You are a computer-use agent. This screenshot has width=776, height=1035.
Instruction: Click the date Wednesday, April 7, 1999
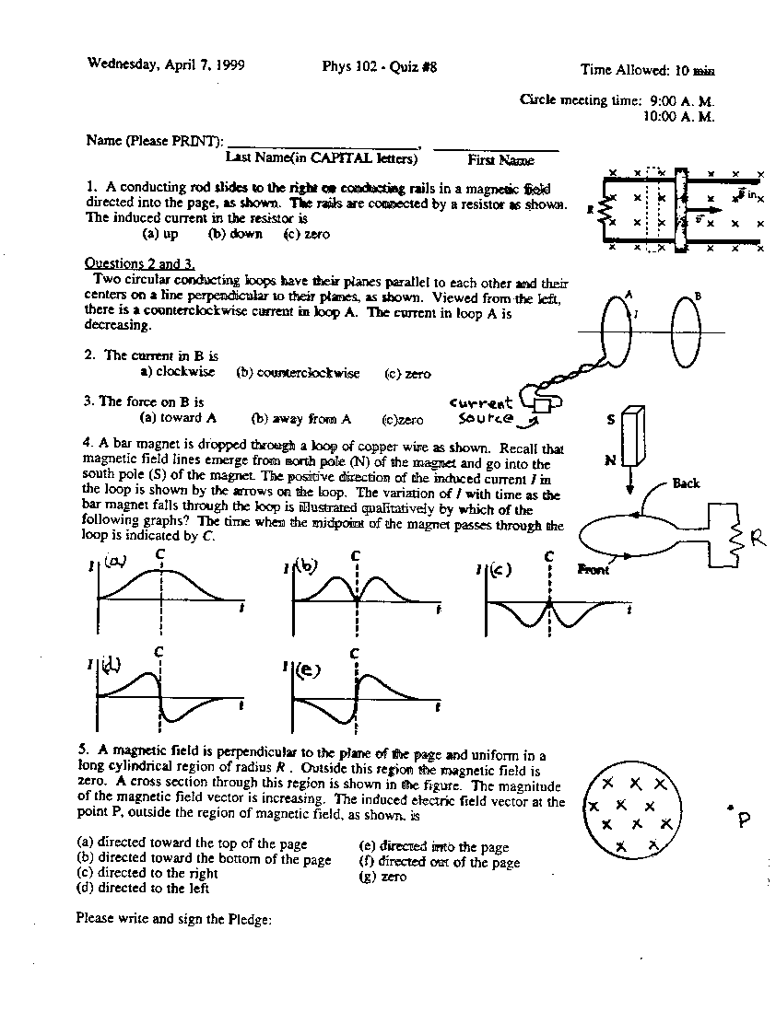tap(166, 64)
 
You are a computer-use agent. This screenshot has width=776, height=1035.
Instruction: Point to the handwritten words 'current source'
tap(481, 411)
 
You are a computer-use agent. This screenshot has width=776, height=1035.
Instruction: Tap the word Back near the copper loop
tap(686, 483)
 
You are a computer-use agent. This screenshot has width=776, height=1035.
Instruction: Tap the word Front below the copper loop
tap(594, 570)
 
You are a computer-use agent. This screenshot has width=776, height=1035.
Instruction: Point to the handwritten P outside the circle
tap(743, 819)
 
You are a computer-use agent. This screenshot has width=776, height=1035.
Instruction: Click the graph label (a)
tap(114, 561)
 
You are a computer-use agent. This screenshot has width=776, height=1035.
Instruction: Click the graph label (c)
tap(501, 568)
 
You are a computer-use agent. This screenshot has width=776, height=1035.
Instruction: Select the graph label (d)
tap(111, 664)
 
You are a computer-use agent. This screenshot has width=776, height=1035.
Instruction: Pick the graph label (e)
tap(307, 670)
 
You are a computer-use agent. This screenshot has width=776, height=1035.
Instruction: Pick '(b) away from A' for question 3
tap(301, 418)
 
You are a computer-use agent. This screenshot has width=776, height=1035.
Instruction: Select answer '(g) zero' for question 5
tap(382, 877)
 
